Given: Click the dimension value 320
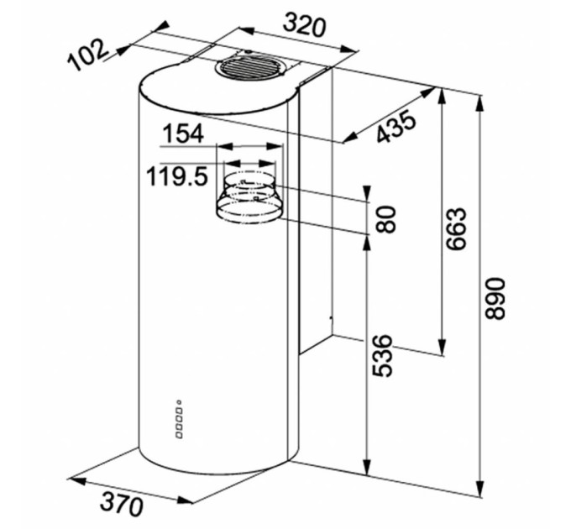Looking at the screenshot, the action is pos(304,24).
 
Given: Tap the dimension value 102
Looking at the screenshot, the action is pos(88,55).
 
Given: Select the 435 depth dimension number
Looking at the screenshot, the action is pos(396,127).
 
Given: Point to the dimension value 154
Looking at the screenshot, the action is pos(183,134).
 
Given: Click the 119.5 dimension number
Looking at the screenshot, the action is pos(177,176).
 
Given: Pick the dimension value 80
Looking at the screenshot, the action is pos(386,219).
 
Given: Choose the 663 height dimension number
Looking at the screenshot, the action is pos(456,228).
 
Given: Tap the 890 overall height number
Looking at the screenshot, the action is pos(495,299).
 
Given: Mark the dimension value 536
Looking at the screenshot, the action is pos(382,356).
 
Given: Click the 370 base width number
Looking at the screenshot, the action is pos(121,504).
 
